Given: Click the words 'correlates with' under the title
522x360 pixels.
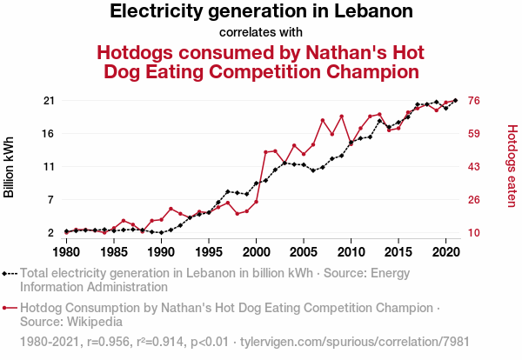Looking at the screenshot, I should tap(261, 33).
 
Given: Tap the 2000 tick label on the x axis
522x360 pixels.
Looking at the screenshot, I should tap(256, 252).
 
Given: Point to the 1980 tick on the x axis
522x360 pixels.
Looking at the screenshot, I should tap(66, 252).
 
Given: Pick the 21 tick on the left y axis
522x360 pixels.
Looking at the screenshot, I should tap(49, 101).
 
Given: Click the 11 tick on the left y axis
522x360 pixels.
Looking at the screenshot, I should tap(49, 166).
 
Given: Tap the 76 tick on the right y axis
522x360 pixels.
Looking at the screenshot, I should tap(476, 101).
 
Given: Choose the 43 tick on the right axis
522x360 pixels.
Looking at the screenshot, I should tap(476, 166).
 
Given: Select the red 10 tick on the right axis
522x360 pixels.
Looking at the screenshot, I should tap(476, 233).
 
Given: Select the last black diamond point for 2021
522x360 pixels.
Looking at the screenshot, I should tap(455, 101).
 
